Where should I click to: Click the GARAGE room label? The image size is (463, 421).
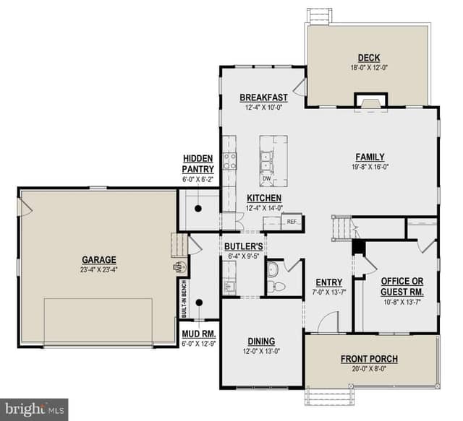99,260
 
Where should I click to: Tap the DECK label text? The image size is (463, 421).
369,58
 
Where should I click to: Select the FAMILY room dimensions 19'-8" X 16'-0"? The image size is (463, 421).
370,167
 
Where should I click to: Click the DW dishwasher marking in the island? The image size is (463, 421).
267,178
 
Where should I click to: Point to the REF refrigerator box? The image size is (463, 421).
292,222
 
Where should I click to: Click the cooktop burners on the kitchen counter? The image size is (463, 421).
229,161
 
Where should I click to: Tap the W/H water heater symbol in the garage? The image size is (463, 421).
179,267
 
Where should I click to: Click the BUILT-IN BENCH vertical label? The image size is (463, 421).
184,298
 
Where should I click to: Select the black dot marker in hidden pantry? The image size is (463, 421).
198,209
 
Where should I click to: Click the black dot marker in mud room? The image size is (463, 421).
200,303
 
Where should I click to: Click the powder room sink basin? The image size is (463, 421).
272,269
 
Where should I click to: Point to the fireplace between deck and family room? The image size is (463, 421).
371,103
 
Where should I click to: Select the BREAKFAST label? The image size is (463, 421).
263,97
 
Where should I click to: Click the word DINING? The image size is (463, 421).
261,341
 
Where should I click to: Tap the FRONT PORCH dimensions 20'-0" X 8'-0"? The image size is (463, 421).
369,369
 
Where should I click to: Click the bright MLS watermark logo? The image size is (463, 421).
34,409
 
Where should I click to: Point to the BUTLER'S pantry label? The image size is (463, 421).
244,246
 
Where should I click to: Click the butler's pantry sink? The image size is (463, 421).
229,286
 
